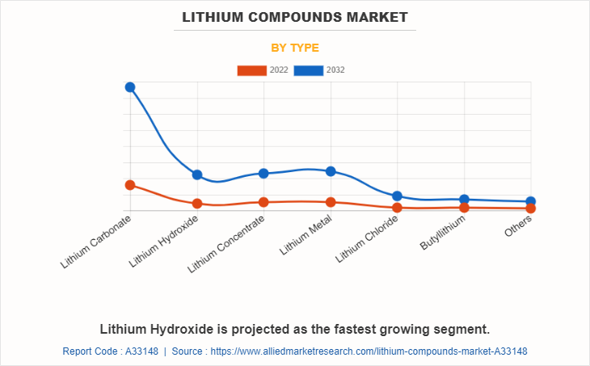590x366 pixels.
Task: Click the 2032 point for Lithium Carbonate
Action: [130, 87]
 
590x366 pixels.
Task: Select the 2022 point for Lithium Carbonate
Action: [130, 185]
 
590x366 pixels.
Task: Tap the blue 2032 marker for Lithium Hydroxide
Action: [197, 175]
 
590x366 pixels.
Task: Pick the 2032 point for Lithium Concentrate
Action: [263, 173]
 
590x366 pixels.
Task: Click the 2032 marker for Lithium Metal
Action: [331, 171]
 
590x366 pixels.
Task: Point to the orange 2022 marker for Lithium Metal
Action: [331, 202]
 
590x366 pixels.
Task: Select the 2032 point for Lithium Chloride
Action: [397, 196]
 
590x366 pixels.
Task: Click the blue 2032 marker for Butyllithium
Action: [464, 200]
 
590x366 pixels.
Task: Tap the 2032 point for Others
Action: [530, 201]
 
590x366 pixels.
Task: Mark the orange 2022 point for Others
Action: [530, 208]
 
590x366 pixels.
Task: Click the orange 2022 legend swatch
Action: [251, 70]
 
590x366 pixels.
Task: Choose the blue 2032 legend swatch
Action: [309, 70]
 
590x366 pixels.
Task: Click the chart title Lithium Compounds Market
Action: [295, 17]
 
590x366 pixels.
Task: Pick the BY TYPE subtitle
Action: [295, 48]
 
